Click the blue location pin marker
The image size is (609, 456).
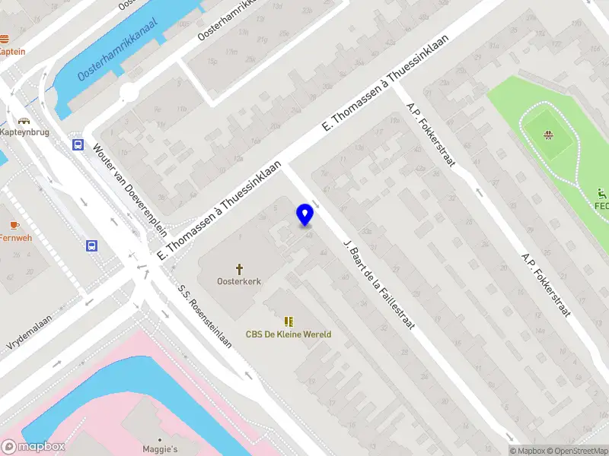click(x=305, y=215)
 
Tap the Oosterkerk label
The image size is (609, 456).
click(x=240, y=281)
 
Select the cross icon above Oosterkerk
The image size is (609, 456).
click(x=240, y=269)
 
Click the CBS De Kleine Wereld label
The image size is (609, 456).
click(x=289, y=334)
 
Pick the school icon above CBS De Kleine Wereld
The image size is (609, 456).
click(x=289, y=322)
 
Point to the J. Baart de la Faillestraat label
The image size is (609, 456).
click(x=378, y=284)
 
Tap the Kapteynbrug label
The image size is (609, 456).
click(x=24, y=132)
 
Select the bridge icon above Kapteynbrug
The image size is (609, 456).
click(x=24, y=120)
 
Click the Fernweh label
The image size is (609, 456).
click(x=15, y=237)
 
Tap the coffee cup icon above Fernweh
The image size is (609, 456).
click(x=14, y=225)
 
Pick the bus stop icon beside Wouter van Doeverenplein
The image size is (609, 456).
click(x=78, y=144)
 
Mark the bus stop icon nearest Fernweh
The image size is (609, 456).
click(x=91, y=245)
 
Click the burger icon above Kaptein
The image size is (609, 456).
click(x=5, y=39)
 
